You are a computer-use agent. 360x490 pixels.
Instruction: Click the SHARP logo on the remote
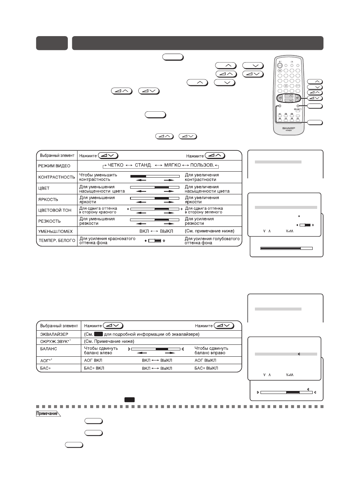click(x=289, y=128)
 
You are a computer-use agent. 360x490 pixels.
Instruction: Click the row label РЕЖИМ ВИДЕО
click(x=54, y=166)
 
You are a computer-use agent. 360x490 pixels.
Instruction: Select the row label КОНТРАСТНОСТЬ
click(x=56, y=177)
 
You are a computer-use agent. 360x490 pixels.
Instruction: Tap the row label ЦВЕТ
click(x=44, y=188)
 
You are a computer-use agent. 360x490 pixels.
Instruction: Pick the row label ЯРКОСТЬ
click(x=48, y=200)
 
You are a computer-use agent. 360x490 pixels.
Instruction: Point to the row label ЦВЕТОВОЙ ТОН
click(x=55, y=210)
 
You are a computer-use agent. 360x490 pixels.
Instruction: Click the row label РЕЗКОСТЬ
click(x=49, y=221)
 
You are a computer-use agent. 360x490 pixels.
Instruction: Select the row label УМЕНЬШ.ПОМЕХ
click(x=56, y=231)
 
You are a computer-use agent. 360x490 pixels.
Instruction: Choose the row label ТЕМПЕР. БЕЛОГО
click(x=57, y=241)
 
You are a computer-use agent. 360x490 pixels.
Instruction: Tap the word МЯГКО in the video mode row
click(x=173, y=165)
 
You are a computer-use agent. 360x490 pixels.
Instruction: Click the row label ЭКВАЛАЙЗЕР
click(x=54, y=334)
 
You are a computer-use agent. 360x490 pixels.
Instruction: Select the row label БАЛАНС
click(x=48, y=349)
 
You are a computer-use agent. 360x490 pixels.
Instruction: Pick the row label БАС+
click(x=45, y=368)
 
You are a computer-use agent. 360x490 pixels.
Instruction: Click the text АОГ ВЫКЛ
click(x=205, y=360)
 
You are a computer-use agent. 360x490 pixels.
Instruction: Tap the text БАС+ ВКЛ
click(x=94, y=368)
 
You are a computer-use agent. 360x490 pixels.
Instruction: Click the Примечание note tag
click(x=48, y=414)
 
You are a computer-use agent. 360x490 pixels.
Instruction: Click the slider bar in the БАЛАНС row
click(x=155, y=349)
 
